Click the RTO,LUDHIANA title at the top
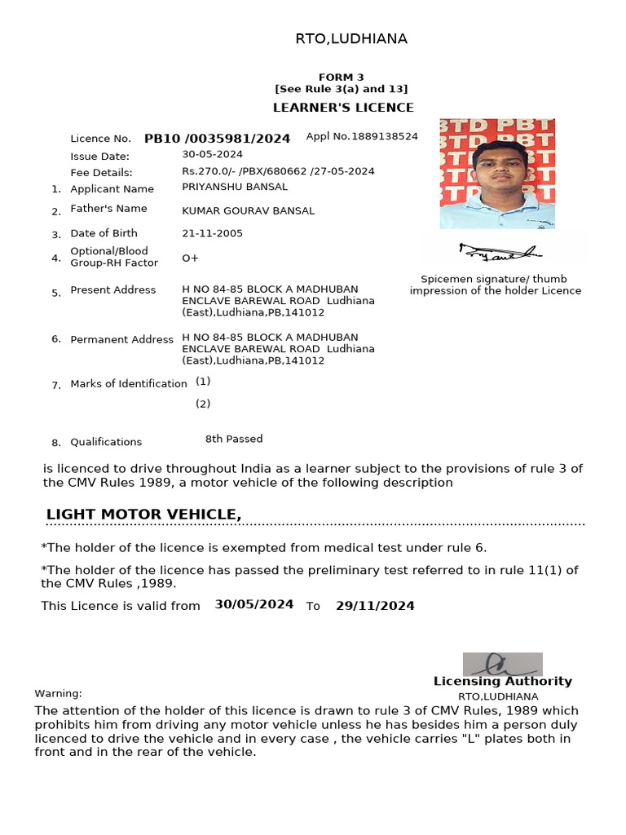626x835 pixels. [x=350, y=39]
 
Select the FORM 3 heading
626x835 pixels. [x=342, y=77]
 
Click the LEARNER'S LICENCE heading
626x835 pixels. [x=342, y=108]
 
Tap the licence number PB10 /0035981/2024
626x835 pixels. [x=217, y=139]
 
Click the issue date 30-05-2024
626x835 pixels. [x=212, y=154]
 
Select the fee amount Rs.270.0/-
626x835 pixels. [x=205, y=171]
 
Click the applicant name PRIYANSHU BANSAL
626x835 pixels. [x=235, y=187]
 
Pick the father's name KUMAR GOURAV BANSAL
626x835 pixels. [x=248, y=211]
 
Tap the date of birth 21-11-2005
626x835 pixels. [x=212, y=233]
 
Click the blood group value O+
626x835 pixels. [x=190, y=258]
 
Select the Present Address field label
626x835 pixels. [x=112, y=290]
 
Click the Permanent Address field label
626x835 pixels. [x=121, y=339]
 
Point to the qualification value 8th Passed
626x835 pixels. [x=234, y=439]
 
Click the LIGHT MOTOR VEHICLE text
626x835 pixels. [x=143, y=514]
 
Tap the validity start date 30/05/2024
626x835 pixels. [x=254, y=604]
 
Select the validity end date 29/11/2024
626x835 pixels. [x=375, y=606]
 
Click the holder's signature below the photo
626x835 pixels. [x=499, y=252]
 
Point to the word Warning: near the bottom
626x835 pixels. [x=58, y=693]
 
